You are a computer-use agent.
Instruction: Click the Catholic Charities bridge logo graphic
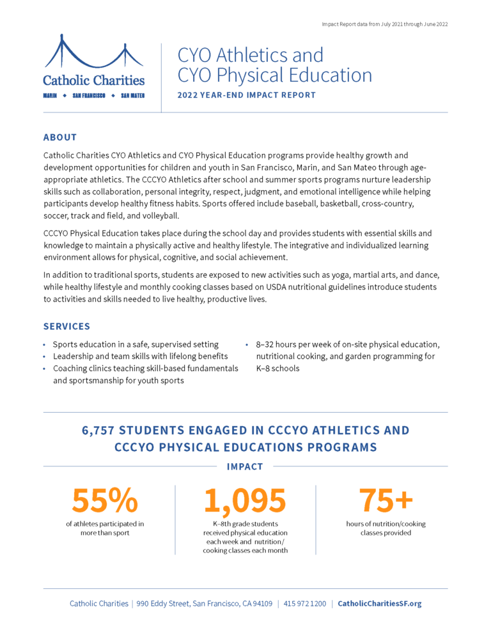[94, 52]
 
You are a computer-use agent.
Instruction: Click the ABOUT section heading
[60, 137]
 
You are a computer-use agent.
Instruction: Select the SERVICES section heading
[66, 326]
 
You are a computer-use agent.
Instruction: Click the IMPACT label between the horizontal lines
[245, 467]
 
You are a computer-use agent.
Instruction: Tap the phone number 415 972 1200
[304, 604]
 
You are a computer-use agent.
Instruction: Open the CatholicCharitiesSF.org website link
[379, 604]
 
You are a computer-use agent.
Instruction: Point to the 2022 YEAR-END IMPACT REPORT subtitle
[247, 95]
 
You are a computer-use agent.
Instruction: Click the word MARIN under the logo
[50, 95]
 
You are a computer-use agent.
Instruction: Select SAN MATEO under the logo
[132, 95]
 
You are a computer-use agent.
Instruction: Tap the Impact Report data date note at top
[386, 24]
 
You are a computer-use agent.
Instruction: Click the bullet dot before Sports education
[45, 344]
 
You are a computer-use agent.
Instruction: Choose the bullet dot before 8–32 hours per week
[247, 344]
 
